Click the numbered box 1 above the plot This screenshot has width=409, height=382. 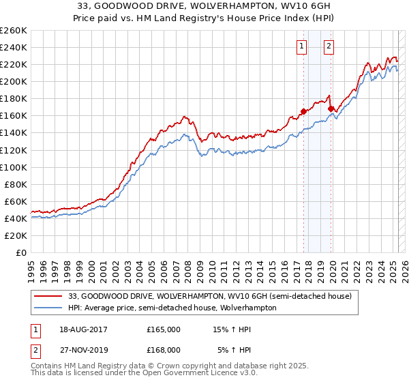click(301, 46)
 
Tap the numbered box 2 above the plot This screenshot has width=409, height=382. click(329, 46)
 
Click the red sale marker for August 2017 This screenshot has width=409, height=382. click(303, 111)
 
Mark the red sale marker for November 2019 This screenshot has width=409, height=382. click(331, 108)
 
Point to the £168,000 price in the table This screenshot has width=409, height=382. click(164, 349)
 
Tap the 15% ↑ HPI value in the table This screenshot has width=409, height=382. click(232, 329)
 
